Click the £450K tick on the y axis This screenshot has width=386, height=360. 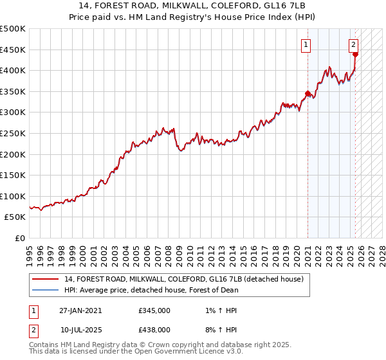tap(13, 50)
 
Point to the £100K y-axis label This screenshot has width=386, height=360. tap(13, 196)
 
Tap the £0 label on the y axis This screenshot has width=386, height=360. tap(19, 239)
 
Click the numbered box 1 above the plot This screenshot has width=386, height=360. tap(307, 44)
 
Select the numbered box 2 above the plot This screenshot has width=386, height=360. tap(354, 44)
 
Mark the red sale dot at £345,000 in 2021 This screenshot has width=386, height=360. tap(308, 93)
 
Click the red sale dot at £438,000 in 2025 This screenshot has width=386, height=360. tap(355, 54)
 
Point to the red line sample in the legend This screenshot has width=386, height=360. tap(46, 278)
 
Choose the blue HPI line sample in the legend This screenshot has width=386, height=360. tap(46, 289)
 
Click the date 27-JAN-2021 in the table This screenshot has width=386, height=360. tap(80, 310)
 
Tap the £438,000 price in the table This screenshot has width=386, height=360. tap(154, 329)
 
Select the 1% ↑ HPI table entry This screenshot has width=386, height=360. tap(219, 310)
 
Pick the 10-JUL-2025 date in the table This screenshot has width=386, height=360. tap(80, 329)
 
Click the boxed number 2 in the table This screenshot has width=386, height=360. tap(33, 329)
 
